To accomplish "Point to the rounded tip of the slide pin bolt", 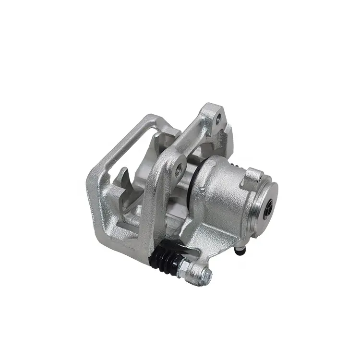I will click(207, 275).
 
